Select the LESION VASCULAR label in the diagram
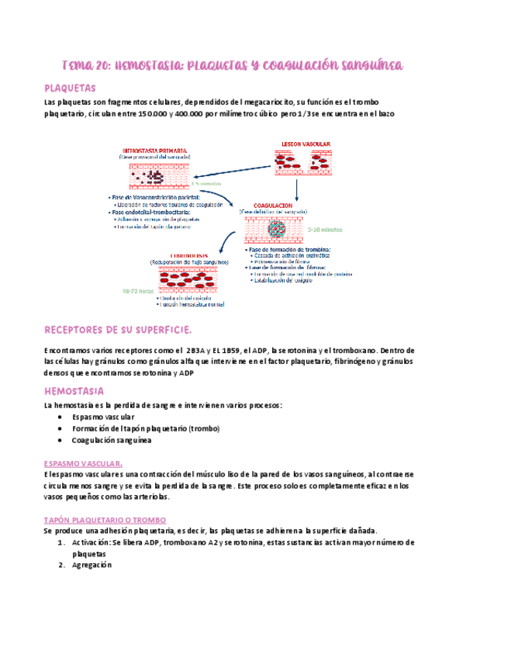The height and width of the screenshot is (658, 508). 305,144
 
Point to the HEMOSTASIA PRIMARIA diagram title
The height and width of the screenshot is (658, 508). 154,150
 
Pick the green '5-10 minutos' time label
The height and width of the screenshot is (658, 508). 324,230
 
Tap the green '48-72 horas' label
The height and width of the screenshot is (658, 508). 137,292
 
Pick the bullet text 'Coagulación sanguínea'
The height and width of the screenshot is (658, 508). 111,441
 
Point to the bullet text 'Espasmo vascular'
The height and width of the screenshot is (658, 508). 102,417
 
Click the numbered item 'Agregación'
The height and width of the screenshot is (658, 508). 92,565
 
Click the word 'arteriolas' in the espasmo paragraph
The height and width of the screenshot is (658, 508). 145,497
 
